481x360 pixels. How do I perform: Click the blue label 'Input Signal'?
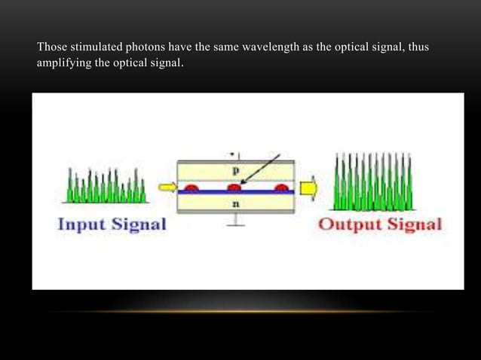111,224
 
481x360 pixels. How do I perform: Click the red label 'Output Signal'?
380,224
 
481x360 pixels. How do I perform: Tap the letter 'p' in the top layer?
235,170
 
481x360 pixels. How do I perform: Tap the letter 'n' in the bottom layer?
235,203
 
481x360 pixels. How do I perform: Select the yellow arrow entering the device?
166,186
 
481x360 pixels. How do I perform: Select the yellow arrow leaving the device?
308,187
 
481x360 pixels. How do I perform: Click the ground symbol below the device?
235,223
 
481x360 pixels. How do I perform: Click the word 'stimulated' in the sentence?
93,48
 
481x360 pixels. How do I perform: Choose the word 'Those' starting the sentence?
51,48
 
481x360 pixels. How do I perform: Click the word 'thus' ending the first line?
417,48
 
